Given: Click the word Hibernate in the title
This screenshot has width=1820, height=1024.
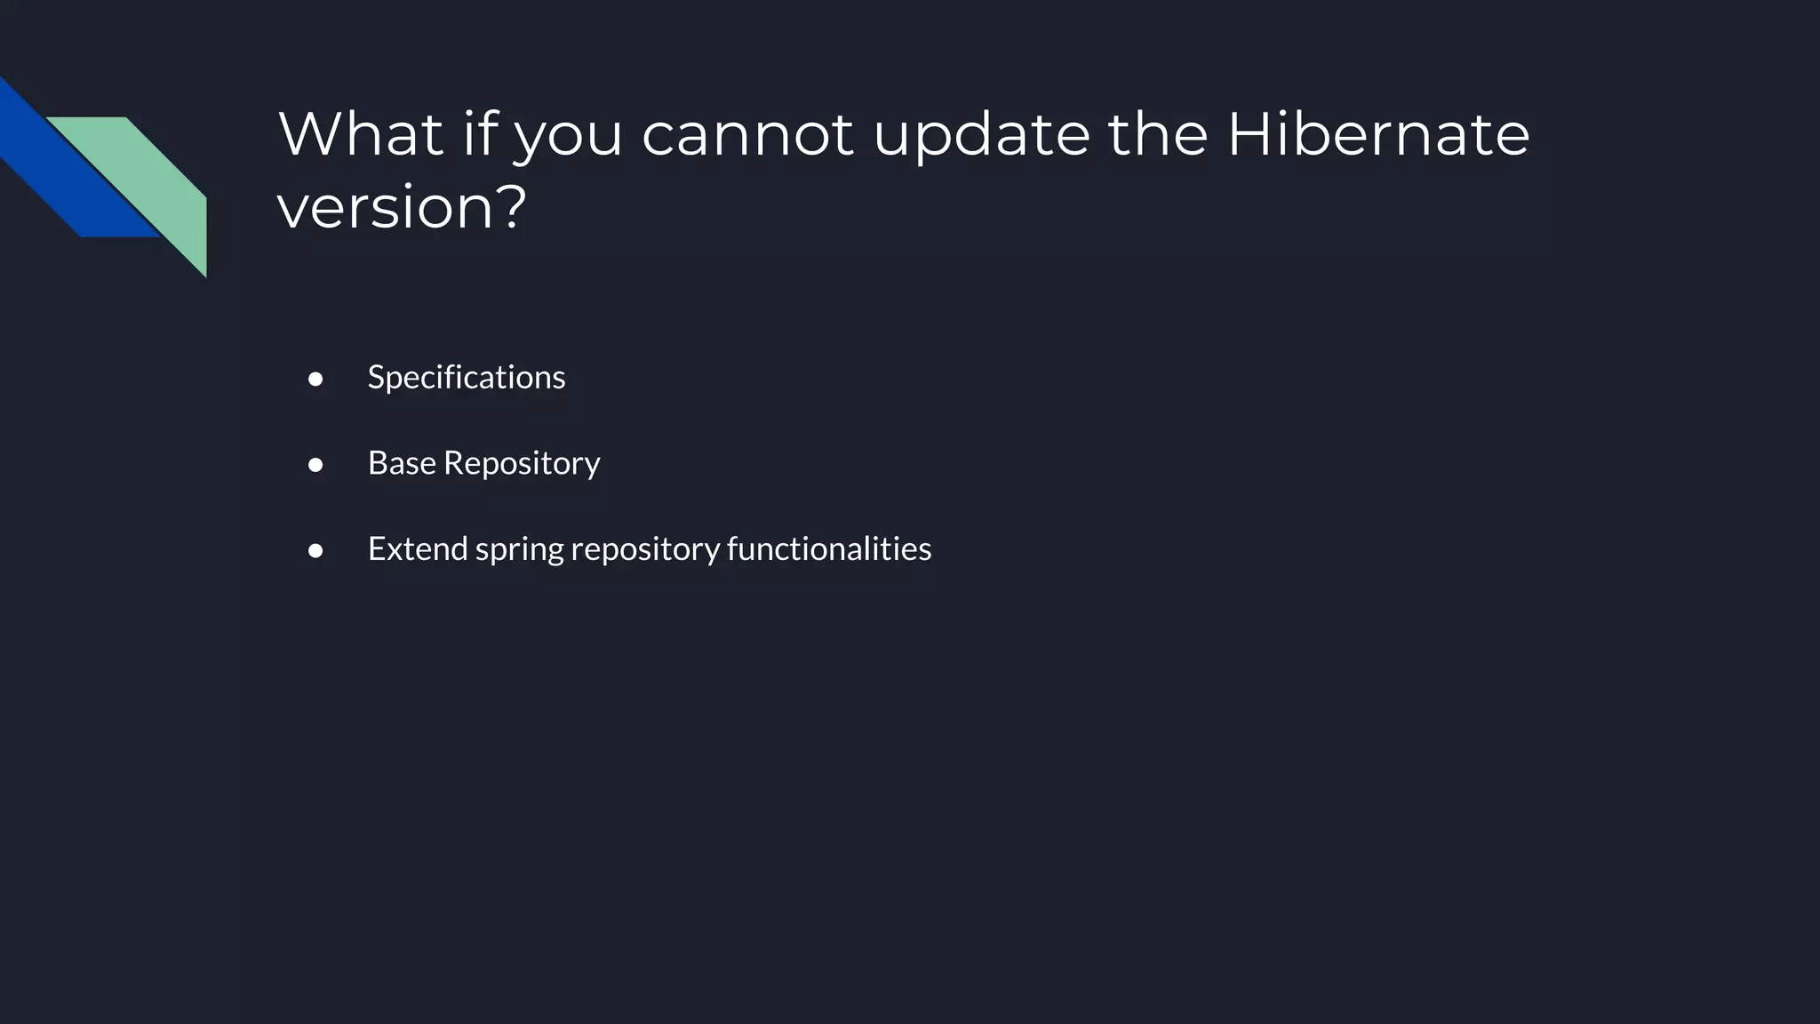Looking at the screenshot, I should pyautogui.click(x=1378, y=134).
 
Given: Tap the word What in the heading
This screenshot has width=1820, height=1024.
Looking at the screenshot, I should pyautogui.click(x=361, y=134).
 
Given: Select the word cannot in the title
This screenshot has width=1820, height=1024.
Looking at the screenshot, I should pyautogui.click(x=747, y=134).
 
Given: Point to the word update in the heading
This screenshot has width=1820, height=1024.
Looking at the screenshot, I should pyautogui.click(x=982, y=134).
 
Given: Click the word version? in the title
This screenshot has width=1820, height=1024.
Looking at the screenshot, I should pyautogui.click(x=402, y=207).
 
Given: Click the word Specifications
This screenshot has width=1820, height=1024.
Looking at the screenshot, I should pyautogui.click(x=467, y=377).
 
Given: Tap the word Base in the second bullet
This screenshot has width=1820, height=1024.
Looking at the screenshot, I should pyautogui.click(x=402, y=463).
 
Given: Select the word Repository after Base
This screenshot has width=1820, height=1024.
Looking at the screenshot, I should pyautogui.click(x=522, y=463).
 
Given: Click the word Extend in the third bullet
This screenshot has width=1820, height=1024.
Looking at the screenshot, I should pyautogui.click(x=418, y=548).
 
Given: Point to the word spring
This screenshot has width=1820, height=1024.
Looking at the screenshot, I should pyautogui.click(x=519, y=550).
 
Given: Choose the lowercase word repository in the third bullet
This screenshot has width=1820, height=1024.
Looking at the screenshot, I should pyautogui.click(x=645, y=550).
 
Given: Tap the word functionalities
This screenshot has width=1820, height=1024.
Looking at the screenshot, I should pyautogui.click(x=829, y=548).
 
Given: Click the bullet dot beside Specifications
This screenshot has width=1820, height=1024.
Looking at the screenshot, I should pyautogui.click(x=315, y=380).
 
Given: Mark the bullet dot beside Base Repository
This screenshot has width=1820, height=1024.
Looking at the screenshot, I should pyautogui.click(x=315, y=465).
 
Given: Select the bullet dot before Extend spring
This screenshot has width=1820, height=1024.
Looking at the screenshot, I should pyautogui.click(x=315, y=551).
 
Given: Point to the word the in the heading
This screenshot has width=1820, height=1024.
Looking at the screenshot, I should pyautogui.click(x=1158, y=134).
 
